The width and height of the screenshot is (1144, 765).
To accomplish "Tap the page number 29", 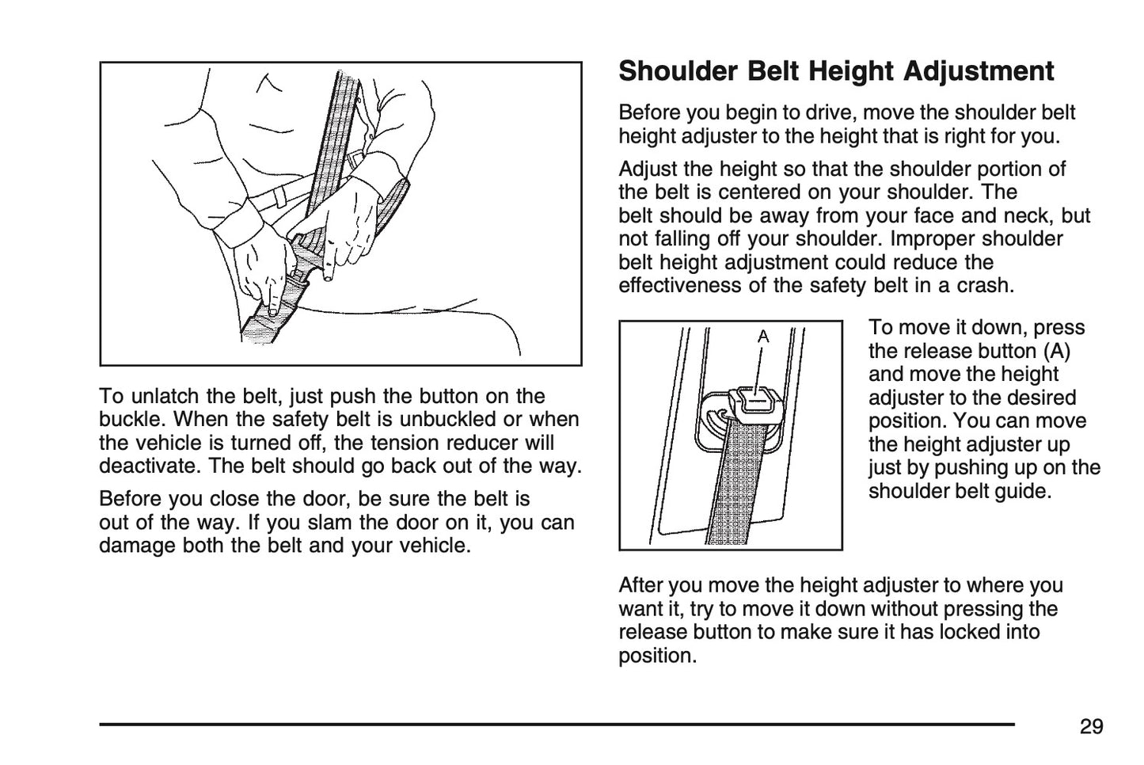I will pos(1091,726).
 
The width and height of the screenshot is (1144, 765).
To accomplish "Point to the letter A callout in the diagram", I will pos(763,337).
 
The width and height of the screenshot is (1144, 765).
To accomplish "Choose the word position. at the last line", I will pos(656,656).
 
